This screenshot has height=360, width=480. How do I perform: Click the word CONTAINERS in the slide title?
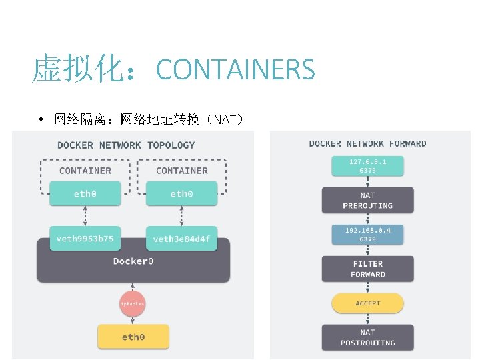pos(235,69)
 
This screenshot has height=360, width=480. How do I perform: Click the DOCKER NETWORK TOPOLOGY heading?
pos(126,145)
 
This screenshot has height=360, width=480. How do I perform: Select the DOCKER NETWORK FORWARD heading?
pos(367,143)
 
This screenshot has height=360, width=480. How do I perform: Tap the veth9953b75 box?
pos(85,238)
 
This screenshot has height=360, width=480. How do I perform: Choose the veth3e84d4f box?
pos(181,238)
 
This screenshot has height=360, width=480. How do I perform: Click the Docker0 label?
pos(133,261)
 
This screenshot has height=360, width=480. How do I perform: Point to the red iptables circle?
pos(132,304)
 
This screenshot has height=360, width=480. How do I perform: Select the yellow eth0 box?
pos(133,337)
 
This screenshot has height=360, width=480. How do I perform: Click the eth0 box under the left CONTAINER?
pos(85,194)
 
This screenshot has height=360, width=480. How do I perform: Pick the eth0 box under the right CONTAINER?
pos(181,194)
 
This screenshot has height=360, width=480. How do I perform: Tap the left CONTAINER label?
pos(85,171)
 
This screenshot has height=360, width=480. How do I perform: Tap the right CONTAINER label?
pos(181,171)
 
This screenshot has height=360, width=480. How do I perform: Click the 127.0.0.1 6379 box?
pos(367,165)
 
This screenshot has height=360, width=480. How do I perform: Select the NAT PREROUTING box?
pos(367,200)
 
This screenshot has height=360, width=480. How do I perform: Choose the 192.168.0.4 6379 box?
pos(367,234)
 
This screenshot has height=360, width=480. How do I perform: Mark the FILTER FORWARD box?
pos(367,269)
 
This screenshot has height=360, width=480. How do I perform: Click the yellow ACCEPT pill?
pos(367,303)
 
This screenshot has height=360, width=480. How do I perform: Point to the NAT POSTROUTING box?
pos(367,337)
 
